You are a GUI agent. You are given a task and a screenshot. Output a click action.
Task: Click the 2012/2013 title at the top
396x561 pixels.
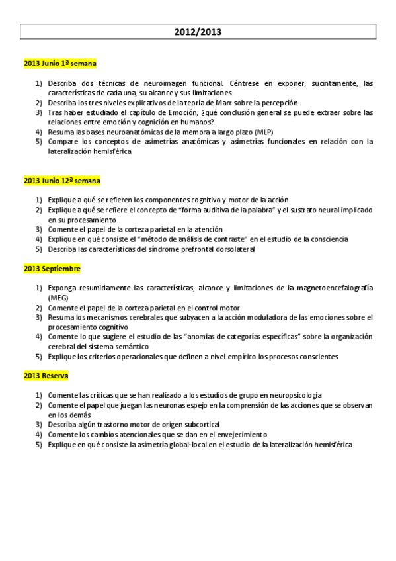tap(198, 32)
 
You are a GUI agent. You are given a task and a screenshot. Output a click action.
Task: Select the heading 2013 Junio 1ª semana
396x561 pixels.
tap(60, 64)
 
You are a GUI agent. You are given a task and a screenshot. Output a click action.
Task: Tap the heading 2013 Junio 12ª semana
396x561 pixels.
tap(62, 180)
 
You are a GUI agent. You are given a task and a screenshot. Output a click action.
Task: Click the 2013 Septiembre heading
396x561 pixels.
tap(52, 269)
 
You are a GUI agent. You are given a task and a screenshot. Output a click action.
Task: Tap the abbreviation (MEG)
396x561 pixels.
tap(58, 298)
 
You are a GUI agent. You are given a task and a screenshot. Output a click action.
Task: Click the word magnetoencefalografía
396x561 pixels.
tap(335, 288)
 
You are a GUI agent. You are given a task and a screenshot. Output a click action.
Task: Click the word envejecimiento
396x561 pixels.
tap(237, 435)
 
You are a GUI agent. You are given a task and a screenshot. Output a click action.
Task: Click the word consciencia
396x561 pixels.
tap(327, 239)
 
